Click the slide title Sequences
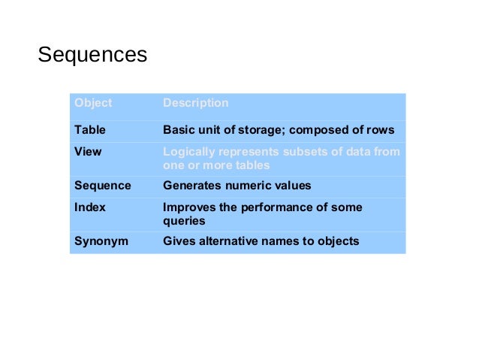[x=92, y=55]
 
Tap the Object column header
[x=93, y=103]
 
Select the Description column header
[x=195, y=103]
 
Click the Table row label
[x=89, y=130]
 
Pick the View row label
[x=88, y=151]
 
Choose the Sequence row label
[x=102, y=185]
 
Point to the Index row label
[x=89, y=207]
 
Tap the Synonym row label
[x=101, y=241]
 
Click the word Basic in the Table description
[x=177, y=130]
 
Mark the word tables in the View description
[x=249, y=165]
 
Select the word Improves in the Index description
[x=187, y=207]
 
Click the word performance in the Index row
[x=273, y=207]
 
